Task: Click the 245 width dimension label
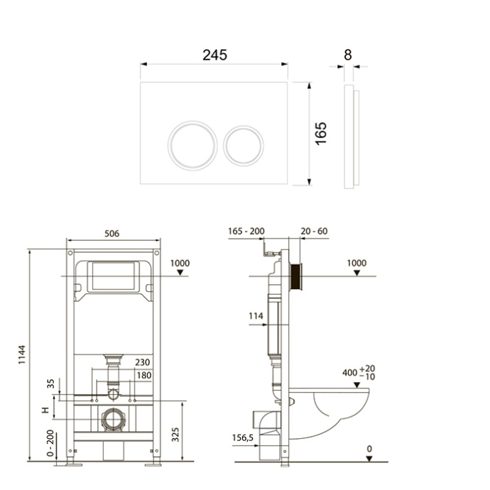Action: pos(214,55)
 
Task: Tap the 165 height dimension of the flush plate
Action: pos(321,134)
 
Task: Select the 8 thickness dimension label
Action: pos(348,55)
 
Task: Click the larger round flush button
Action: pos(192,146)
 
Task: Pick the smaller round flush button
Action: pos(244,146)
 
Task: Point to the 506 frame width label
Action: pos(112,234)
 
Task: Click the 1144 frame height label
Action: pos(21,354)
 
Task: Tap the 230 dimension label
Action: pos(143,362)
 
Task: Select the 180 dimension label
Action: pos(144,375)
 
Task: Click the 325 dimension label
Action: pos(175,435)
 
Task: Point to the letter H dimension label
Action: pos(45,410)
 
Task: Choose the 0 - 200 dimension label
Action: pos(50,443)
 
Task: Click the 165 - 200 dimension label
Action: pos(246,232)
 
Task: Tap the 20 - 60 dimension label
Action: pos(314,232)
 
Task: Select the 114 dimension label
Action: pos(256,316)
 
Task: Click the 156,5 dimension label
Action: pos(243,438)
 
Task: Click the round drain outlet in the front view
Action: pos(113,420)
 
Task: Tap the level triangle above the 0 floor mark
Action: pos(369,459)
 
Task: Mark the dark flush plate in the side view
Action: pos(296,276)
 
